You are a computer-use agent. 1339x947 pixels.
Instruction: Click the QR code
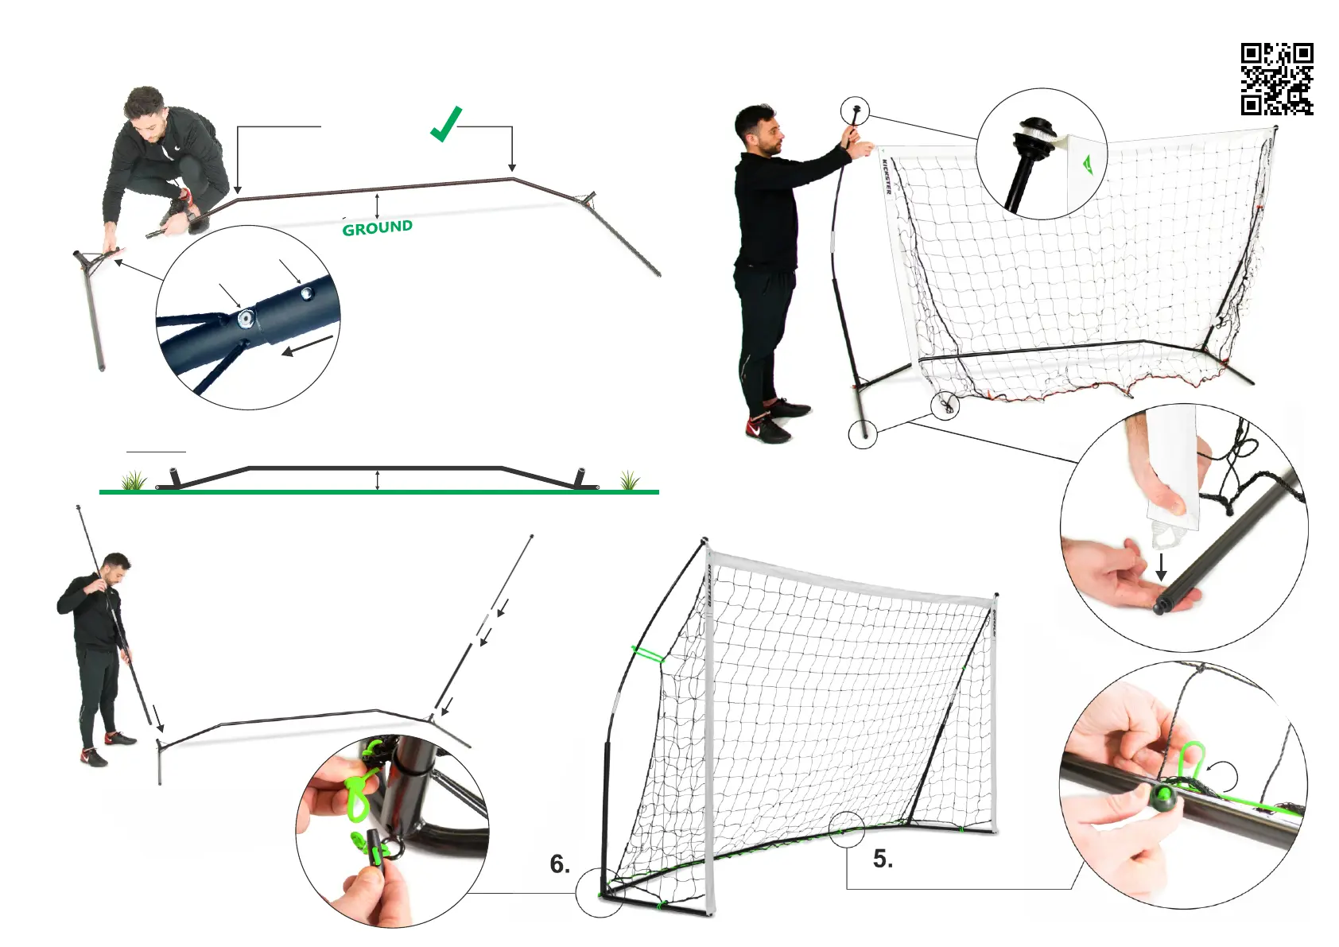click(x=1276, y=79)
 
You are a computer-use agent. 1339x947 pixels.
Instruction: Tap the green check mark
click(x=445, y=126)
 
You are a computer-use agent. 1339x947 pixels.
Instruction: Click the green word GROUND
click(x=377, y=228)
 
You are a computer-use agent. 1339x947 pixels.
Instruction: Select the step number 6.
click(x=560, y=864)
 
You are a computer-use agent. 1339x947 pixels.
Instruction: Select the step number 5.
click(x=883, y=859)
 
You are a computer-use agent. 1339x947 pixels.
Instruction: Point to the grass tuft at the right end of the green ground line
click(x=629, y=480)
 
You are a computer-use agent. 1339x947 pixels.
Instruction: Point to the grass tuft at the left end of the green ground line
click(x=134, y=480)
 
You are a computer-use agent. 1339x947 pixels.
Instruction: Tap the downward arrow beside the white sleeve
click(x=1161, y=566)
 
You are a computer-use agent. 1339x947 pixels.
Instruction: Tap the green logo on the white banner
click(x=1087, y=163)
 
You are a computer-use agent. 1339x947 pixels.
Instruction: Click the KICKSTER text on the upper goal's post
click(x=887, y=176)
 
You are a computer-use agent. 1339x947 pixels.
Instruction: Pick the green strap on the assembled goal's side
click(x=648, y=654)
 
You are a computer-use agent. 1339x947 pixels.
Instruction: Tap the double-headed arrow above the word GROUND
click(x=377, y=205)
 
